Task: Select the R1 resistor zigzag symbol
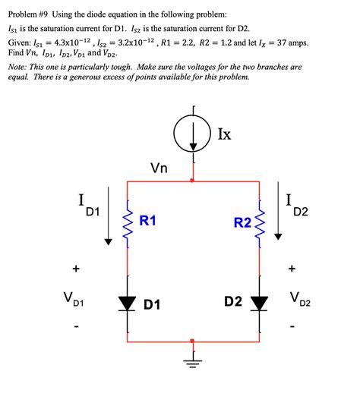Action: coord(127,222)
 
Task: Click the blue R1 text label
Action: coord(148,221)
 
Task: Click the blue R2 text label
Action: coord(242,222)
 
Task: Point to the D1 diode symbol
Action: coord(127,304)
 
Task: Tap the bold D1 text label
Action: coord(152,304)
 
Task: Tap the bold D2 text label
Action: coord(233,301)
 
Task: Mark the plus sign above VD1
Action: coord(75,268)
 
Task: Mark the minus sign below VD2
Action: coord(293,329)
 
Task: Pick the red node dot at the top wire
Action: coord(193,181)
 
